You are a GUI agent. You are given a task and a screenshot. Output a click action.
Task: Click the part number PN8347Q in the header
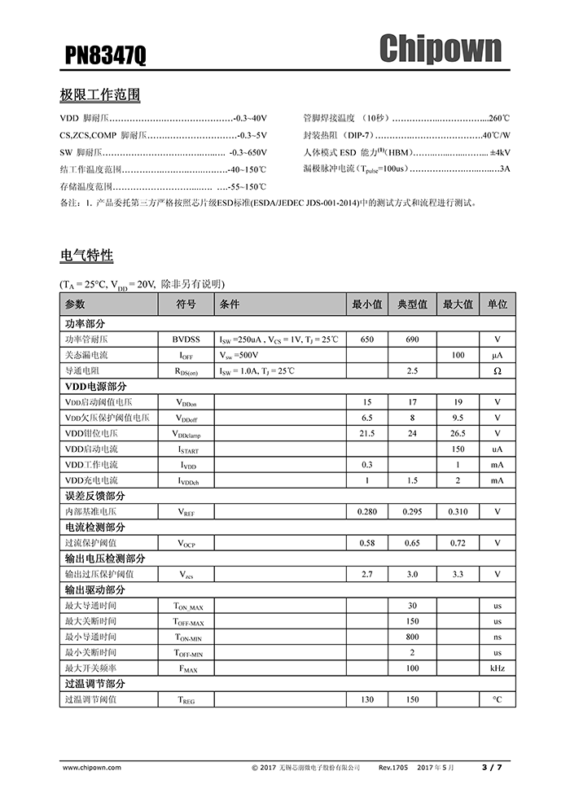pos(106,55)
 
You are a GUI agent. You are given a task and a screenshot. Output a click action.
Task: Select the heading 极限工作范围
pos(100,95)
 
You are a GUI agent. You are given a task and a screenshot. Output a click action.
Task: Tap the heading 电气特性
pos(86,256)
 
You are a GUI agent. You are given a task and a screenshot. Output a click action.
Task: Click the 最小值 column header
pos(366,304)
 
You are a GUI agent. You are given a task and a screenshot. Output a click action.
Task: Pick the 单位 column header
pos(497,304)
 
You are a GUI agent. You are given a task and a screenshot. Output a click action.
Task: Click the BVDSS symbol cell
pos(186,339)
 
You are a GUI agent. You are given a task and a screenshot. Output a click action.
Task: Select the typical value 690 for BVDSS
pos(412,339)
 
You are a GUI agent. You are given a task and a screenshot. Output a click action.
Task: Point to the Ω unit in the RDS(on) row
pos(497,370)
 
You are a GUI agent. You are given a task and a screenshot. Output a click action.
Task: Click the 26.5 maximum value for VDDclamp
pos(458,433)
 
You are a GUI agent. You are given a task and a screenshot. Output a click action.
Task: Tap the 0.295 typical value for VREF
pos(412,512)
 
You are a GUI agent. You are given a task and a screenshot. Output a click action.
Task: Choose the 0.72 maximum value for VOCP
pos(458,543)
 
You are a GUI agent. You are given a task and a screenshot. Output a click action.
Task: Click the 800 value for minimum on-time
pos(412,637)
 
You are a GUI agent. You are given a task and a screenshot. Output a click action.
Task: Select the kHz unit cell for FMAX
pos(497,668)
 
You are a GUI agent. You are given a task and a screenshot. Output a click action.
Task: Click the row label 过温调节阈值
pos(90,699)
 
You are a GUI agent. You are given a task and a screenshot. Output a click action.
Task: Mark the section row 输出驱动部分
pos(95,590)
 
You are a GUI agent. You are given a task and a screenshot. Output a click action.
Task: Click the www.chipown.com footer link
pos(91,767)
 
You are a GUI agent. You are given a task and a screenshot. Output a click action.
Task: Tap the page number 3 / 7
pos(492,767)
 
